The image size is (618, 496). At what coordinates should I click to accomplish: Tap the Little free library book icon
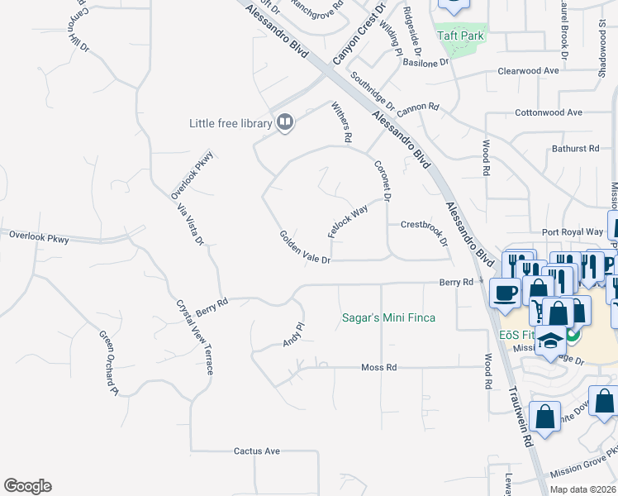point(285,123)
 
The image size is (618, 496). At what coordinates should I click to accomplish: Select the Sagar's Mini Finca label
point(389,318)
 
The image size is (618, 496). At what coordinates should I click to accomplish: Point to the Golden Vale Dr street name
point(304,248)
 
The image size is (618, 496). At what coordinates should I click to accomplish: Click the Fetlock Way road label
point(347,222)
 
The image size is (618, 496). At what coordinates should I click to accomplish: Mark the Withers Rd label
point(342,122)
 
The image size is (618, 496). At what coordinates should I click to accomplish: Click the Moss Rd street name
point(379,367)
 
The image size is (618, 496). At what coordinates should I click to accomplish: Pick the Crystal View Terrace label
point(195,336)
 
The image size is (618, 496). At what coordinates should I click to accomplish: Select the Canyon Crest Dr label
point(359,35)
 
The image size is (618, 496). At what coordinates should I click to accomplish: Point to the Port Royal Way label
point(573,232)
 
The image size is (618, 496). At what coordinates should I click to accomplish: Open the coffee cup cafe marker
point(505,292)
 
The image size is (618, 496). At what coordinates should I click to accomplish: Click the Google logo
point(27,486)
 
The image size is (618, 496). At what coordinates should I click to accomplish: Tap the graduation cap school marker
point(549,341)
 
